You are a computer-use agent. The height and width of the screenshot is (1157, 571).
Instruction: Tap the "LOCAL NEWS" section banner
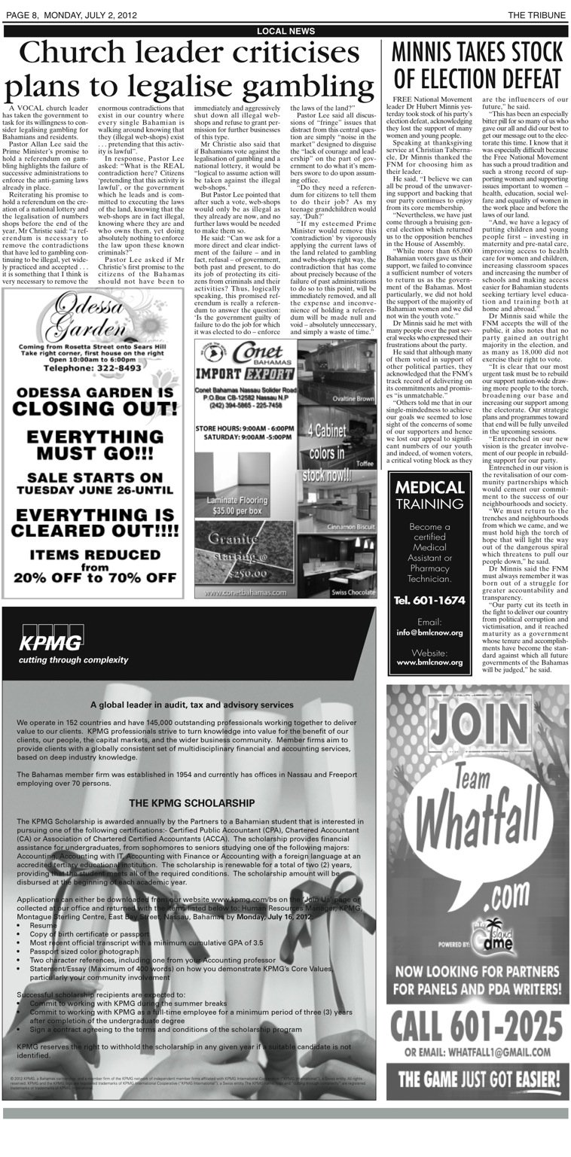tap(285, 31)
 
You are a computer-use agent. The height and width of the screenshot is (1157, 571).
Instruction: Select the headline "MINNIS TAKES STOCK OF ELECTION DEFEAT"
tap(477, 65)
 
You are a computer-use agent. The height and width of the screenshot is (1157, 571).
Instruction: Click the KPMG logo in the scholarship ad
tap(51, 642)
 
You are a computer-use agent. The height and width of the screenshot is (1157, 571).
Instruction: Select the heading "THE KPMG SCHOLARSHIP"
tap(191, 803)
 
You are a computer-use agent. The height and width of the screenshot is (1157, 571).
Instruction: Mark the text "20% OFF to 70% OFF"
tap(95, 579)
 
